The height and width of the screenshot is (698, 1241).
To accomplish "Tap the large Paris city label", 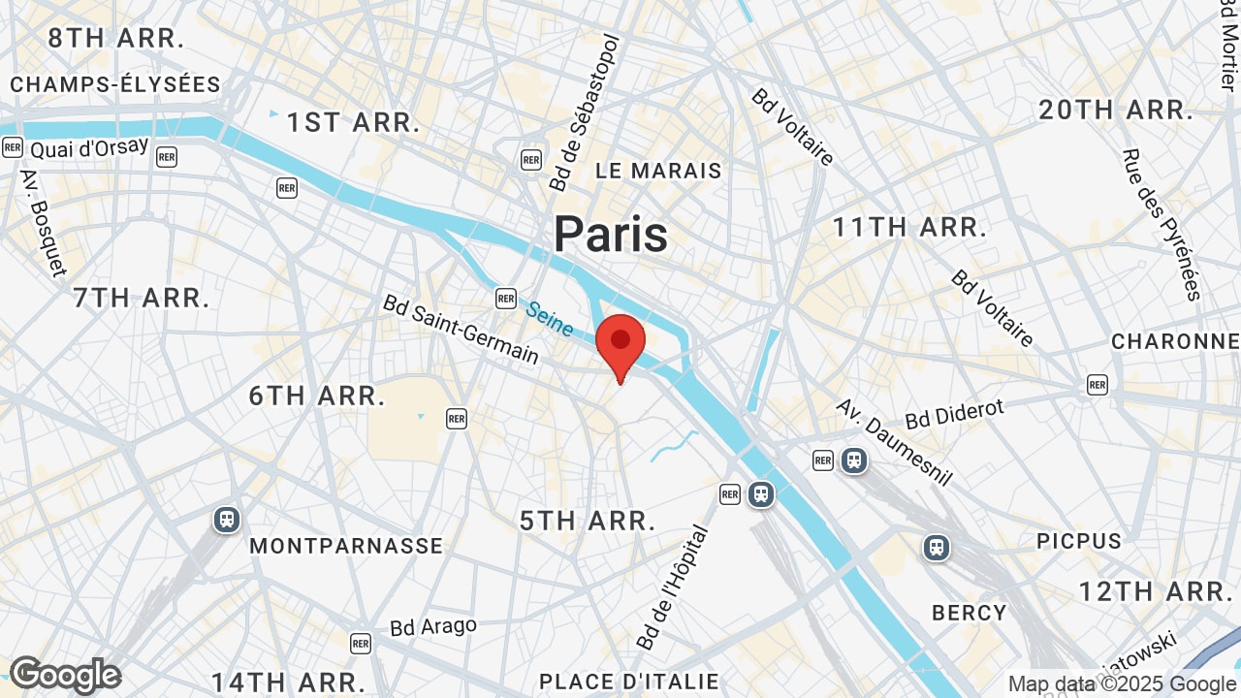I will click(x=611, y=235).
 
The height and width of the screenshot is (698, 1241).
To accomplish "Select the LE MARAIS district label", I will click(x=658, y=172).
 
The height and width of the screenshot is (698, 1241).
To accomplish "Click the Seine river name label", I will click(x=551, y=319).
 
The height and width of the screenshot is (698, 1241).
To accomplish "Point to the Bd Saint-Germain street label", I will click(x=461, y=330).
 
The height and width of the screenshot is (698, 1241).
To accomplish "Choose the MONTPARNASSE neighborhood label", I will click(x=346, y=546).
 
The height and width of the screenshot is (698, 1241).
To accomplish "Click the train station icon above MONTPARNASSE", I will click(x=227, y=520).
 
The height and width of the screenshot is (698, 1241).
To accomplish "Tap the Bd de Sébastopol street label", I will click(x=584, y=113).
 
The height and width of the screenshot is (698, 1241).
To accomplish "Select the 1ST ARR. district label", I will click(x=353, y=123).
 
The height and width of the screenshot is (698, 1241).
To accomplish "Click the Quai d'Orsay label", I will click(x=89, y=148).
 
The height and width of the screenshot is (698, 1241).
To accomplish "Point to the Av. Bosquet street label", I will click(x=43, y=223).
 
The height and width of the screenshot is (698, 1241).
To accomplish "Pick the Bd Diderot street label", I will click(x=954, y=414).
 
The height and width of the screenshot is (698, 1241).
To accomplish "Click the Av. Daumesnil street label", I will click(x=894, y=442).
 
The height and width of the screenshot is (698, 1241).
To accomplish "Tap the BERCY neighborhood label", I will click(x=969, y=613).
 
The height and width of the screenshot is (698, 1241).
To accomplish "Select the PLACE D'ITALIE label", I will click(x=628, y=682).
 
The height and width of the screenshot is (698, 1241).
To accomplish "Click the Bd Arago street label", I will click(x=433, y=626).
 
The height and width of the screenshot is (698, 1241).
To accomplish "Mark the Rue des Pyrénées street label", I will click(x=1161, y=224).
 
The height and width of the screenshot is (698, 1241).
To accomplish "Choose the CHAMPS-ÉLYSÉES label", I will click(x=115, y=84).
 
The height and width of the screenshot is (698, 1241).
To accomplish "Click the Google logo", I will click(x=65, y=675).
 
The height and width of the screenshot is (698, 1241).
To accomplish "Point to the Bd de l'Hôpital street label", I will click(x=674, y=587).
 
